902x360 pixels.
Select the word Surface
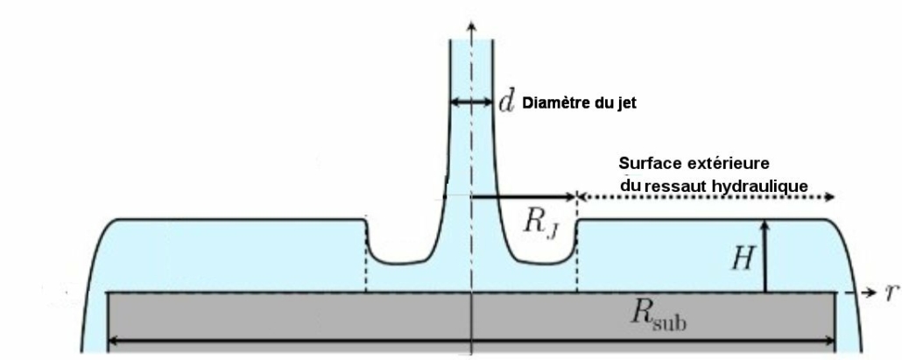[x=649, y=164]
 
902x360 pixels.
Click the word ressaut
[x=673, y=185]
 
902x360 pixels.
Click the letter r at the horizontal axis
[x=889, y=293]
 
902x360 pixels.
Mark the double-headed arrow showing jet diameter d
[x=471, y=103]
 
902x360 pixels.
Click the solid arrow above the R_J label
[x=524, y=197]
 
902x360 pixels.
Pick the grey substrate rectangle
[x=289, y=316]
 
